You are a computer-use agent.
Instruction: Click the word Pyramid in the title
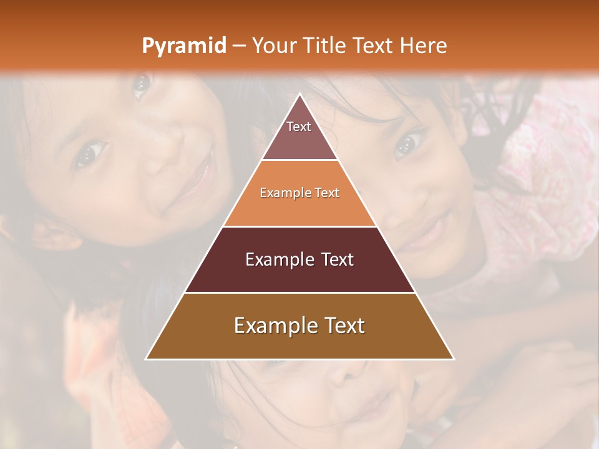[184, 46]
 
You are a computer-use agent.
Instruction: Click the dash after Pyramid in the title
[239, 46]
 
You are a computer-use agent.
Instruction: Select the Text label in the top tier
[299, 127]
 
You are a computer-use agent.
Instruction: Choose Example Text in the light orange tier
[299, 193]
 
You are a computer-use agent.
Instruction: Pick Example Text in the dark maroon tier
[299, 259]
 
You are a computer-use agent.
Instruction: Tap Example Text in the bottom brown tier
[299, 326]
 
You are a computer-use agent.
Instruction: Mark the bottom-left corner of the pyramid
[147, 359]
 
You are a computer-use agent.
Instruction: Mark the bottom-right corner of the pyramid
[454, 359]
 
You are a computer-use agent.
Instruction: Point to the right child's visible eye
[406, 144]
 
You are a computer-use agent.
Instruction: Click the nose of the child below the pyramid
[340, 374]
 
